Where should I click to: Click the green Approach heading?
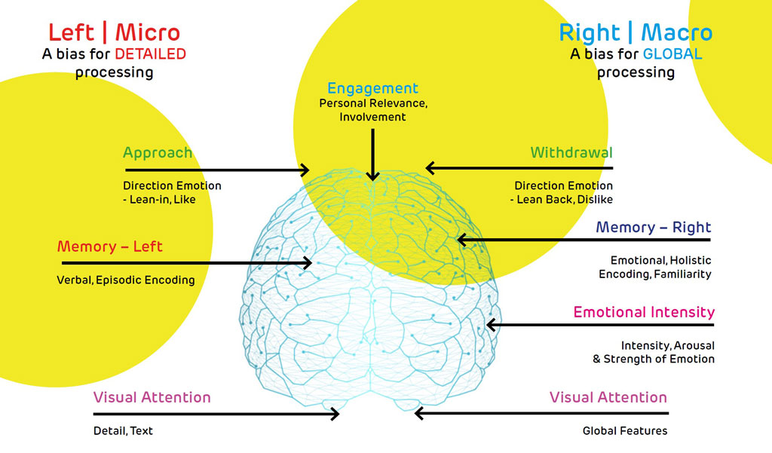tap(158, 153)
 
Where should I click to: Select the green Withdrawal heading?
tap(571, 153)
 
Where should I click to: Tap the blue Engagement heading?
tap(372, 89)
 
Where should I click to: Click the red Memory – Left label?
tap(110, 246)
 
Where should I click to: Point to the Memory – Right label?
tap(653, 228)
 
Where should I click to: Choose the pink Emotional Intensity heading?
tap(644, 312)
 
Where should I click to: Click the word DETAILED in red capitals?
tap(150, 54)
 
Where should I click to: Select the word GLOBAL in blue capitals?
tap(672, 54)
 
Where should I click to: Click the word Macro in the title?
tap(677, 32)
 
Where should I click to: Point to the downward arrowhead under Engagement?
tap(372, 176)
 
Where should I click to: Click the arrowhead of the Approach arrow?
tap(305, 170)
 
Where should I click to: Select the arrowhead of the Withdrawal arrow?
tap(430, 167)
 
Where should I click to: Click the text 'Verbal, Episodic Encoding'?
tap(126, 280)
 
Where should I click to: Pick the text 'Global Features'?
tap(625, 431)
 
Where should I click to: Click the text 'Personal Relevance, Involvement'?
tap(372, 109)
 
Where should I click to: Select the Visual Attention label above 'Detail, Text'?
tap(152, 397)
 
